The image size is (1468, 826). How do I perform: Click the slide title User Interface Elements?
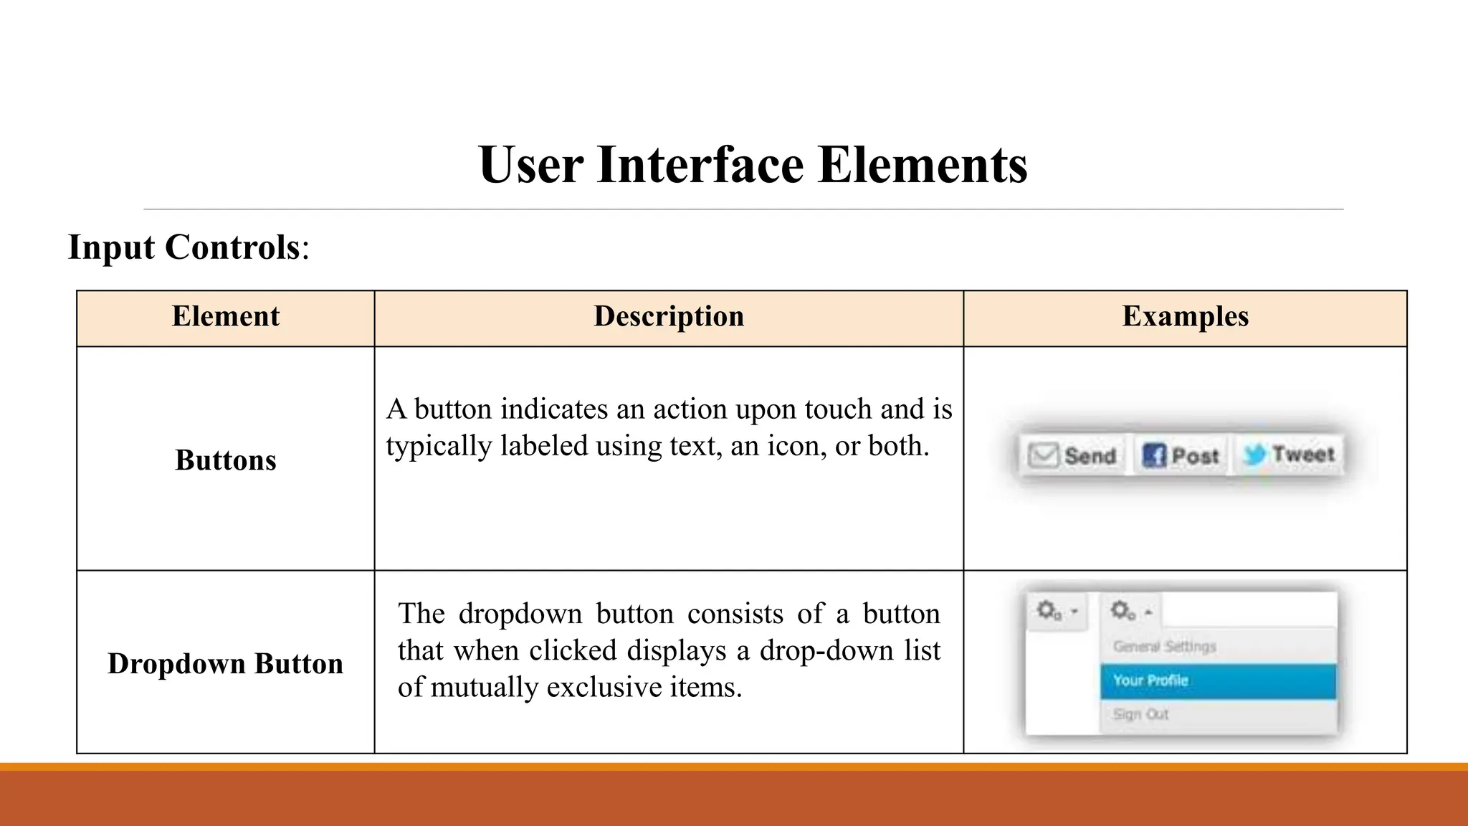point(753,165)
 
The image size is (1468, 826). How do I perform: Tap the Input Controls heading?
point(188,247)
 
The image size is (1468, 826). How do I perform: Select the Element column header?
point(225,316)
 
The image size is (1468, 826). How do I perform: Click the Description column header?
point(669,316)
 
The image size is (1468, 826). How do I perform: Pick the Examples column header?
point(1185,316)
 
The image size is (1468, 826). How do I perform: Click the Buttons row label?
point(225,460)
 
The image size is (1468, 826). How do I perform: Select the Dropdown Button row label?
point(225,664)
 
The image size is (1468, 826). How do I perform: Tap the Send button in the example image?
point(1073,455)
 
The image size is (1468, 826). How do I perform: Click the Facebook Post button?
point(1181,455)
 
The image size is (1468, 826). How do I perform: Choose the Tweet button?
point(1289,455)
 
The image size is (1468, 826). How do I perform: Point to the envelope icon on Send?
point(1043,455)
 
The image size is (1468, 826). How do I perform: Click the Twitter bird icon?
point(1254,454)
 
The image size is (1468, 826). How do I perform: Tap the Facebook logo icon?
point(1153,455)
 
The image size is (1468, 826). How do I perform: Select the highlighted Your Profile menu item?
point(1217,680)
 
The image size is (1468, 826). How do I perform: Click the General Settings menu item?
point(1164,647)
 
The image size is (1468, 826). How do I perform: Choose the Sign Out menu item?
point(1140,714)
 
